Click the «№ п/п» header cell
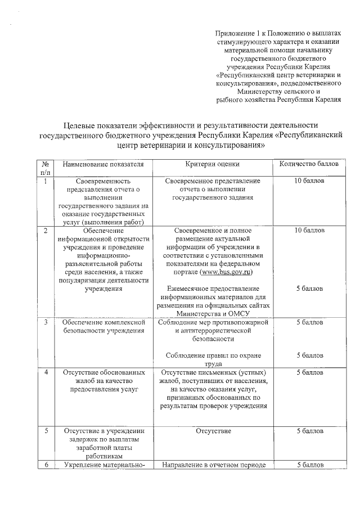(x=45, y=168)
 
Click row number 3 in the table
(x=45, y=322)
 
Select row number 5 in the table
(x=45, y=430)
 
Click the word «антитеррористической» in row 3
(x=217, y=331)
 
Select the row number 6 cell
(x=45, y=465)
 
